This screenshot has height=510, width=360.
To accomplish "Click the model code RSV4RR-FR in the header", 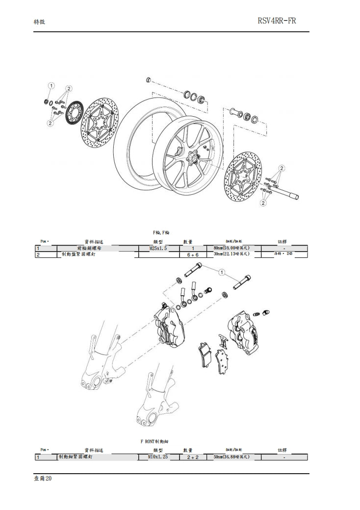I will point(276,21).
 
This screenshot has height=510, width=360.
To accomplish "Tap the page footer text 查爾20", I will point(43,479).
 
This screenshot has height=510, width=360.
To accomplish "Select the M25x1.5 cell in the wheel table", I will point(158,249).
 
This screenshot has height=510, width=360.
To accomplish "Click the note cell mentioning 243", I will point(283,255).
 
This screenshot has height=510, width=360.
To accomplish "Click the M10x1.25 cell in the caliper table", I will point(158,457).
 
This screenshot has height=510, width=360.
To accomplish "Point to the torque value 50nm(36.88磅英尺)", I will point(231,457).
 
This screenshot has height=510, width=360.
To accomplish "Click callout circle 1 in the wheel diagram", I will point(51,86).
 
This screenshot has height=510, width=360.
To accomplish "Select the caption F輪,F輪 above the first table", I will point(161,232).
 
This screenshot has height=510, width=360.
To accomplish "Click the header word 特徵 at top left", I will point(39,22).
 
